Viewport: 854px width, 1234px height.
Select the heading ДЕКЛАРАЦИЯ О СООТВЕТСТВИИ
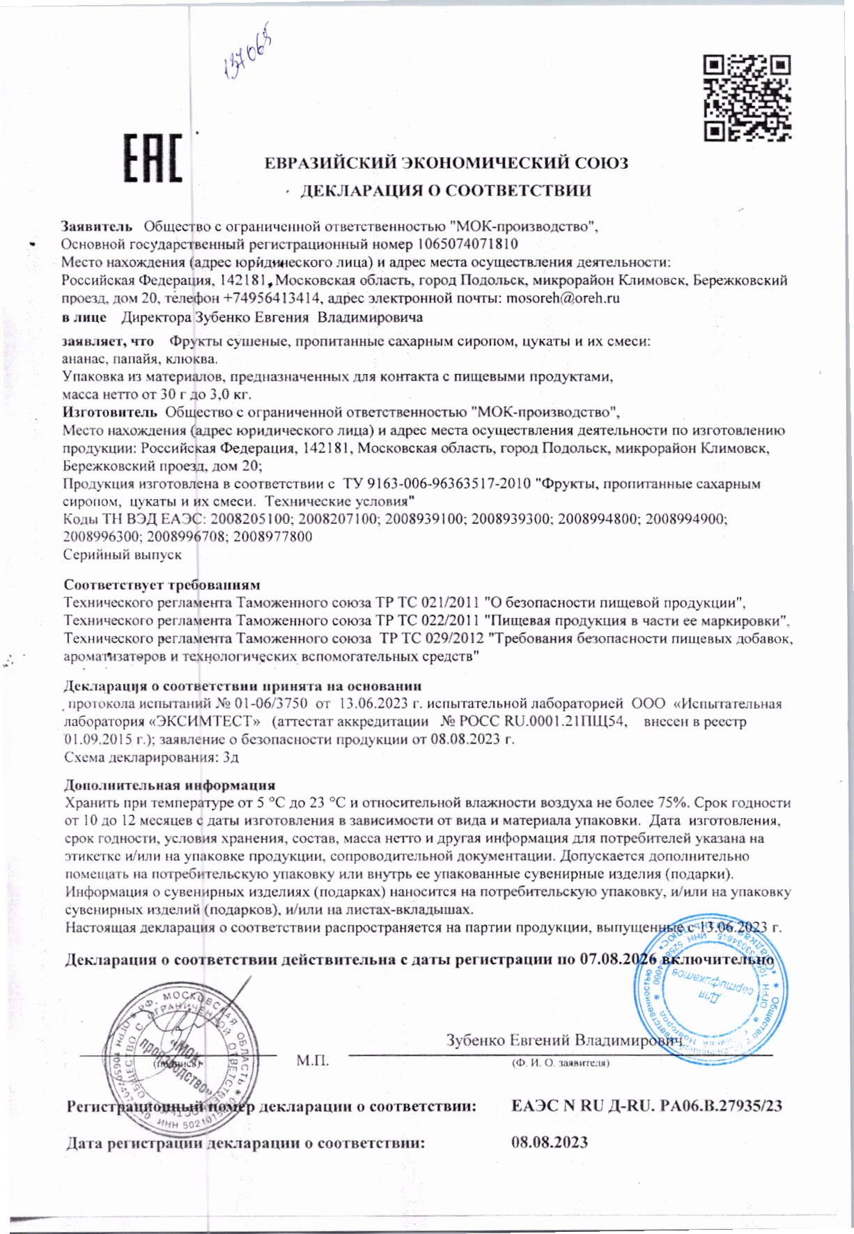point(445,191)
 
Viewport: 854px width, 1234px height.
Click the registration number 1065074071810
point(467,245)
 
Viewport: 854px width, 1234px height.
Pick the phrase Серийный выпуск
point(122,555)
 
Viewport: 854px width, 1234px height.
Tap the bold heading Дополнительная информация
point(169,785)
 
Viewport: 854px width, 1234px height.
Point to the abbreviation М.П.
point(312,1061)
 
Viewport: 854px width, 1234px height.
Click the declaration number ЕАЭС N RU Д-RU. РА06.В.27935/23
point(646,1106)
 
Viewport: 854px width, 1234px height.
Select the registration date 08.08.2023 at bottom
point(549,1142)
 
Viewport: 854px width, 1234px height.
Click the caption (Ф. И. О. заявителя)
point(560,1064)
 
